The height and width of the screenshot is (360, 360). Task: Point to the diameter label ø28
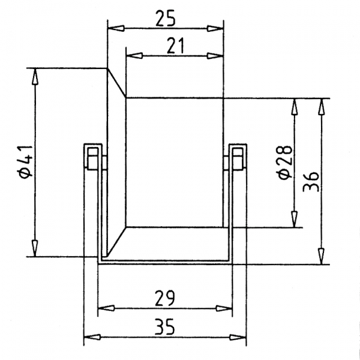(x=286, y=161)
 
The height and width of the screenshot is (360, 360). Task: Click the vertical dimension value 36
(x=311, y=178)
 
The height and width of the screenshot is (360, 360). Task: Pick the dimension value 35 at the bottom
(x=165, y=328)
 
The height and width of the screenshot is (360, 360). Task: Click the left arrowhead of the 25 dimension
(x=114, y=28)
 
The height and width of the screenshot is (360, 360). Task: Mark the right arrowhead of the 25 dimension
(x=215, y=28)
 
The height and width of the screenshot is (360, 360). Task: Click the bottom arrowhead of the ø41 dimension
(x=35, y=248)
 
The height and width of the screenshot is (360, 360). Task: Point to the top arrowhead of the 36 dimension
(x=322, y=106)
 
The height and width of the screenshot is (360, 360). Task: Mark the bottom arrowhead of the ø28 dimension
(x=294, y=220)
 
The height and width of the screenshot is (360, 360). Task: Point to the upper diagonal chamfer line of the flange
(x=116, y=82)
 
